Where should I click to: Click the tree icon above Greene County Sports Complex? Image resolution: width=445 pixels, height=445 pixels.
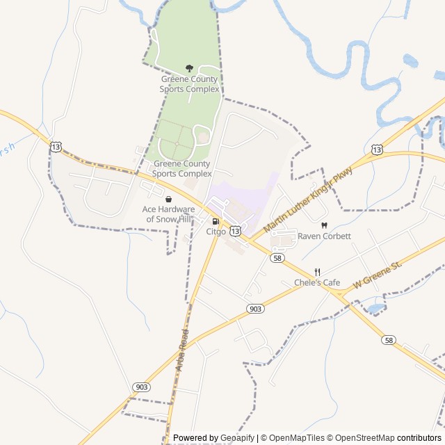pos(189,68)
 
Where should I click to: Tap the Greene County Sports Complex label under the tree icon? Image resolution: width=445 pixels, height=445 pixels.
pos(189,84)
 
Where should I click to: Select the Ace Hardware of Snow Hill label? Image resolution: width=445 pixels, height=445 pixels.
pos(168,214)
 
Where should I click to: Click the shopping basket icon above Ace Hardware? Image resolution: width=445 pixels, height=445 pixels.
pos(168,199)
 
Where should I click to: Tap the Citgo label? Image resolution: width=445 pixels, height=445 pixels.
pos(216,232)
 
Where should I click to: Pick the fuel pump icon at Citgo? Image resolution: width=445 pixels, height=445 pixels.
pos(215,222)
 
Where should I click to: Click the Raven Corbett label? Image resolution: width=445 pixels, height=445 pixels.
pos(324,236)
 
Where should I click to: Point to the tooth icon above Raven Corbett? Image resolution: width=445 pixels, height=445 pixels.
pos(323,225)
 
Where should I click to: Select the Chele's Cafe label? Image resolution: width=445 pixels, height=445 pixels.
pos(317,282)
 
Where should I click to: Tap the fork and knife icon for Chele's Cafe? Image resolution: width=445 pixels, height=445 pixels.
pos(317,272)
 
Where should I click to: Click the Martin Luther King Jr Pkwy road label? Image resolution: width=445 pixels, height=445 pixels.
pos(308,203)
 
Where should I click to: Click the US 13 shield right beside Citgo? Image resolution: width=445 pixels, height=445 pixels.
pos(236,230)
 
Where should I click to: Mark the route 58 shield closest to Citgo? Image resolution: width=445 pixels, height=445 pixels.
pos(277,258)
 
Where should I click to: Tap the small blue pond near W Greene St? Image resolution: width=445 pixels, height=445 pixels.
pos(375,307)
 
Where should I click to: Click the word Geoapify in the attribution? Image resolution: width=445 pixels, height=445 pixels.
pos(237,438)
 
